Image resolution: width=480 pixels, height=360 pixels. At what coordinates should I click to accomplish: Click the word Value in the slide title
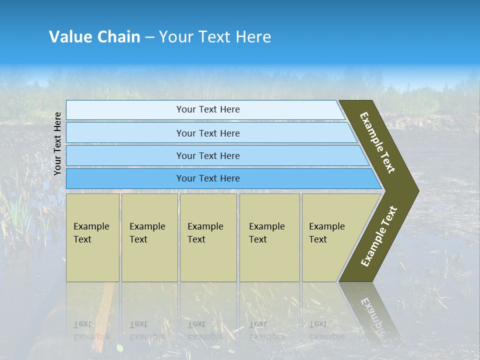tap(69, 37)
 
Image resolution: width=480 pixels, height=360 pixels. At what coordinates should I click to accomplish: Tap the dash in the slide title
tap(149, 37)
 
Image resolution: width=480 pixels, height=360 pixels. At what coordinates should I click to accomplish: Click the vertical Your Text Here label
tap(57, 143)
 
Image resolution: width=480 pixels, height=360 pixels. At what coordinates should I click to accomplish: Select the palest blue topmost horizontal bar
tap(205, 110)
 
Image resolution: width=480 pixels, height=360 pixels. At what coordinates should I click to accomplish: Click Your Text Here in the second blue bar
tap(208, 133)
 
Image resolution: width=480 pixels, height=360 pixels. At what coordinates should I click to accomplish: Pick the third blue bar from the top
tap(215, 156)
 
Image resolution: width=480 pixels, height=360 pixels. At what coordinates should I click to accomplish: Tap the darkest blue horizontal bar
tap(220, 178)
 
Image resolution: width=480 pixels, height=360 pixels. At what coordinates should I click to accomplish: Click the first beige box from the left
tap(92, 237)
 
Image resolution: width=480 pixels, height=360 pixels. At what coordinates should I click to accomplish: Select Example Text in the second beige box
tap(147, 233)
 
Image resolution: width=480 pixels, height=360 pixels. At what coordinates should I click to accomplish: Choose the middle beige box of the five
tap(208, 237)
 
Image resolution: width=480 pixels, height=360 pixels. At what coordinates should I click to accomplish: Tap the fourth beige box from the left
tap(269, 237)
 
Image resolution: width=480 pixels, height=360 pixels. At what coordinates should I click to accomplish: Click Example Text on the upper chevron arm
tap(377, 142)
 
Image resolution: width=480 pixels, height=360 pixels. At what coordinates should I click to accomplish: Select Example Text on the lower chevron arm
tap(379, 236)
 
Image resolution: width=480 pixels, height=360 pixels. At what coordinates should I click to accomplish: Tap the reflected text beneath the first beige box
tap(91, 330)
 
